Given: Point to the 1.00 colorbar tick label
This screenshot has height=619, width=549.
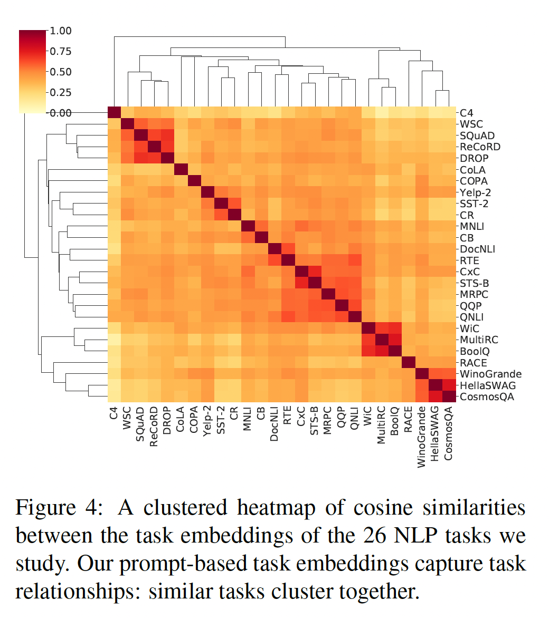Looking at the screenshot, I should (x=61, y=31).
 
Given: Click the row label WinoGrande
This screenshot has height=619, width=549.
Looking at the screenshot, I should (x=483, y=374).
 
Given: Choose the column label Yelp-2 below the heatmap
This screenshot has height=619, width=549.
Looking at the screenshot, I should (x=207, y=426).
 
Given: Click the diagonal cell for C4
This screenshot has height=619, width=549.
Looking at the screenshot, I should (x=114, y=113).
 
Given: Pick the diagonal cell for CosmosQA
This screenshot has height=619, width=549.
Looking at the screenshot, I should (x=448, y=396).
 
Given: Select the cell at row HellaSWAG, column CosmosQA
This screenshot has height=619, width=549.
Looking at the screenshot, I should (x=448, y=385).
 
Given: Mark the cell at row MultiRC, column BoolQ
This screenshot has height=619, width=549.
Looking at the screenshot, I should (x=395, y=340).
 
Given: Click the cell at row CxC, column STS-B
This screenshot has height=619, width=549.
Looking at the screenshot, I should (x=315, y=272).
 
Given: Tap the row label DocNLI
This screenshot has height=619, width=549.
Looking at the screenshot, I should (x=477, y=249).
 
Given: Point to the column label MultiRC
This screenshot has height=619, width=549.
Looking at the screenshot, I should (x=382, y=432).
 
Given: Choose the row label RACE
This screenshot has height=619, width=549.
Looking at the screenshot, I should (x=474, y=363).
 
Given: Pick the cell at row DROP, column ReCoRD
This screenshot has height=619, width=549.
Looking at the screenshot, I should (x=154, y=158).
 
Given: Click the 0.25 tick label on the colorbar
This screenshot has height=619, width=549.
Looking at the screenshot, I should (x=61, y=92).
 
